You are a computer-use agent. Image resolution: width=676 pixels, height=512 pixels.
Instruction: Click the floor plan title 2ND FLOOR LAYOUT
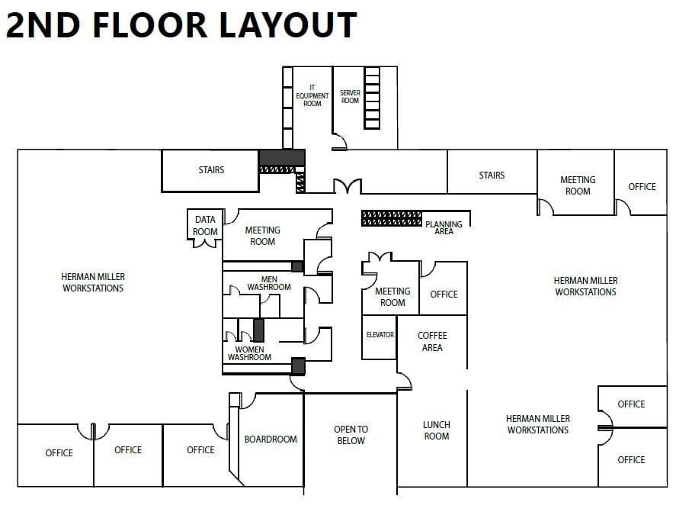181,25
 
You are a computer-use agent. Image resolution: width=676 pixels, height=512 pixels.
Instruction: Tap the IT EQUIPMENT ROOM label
312,95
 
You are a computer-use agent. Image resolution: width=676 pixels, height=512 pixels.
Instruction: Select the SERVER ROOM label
350,97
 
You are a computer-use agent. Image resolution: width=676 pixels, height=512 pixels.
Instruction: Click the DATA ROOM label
205,226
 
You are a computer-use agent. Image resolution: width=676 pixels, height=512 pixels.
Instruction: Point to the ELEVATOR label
380,335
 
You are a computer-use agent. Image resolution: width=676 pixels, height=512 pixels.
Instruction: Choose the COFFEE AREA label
432,342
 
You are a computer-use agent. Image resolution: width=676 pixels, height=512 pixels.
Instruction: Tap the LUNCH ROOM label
437,430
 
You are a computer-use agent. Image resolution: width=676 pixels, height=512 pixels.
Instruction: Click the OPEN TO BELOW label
351,435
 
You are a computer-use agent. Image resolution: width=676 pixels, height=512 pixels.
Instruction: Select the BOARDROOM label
271,440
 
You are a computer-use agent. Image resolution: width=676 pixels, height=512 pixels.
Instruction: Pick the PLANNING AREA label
444,227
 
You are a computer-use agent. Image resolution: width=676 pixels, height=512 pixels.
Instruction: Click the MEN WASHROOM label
269,283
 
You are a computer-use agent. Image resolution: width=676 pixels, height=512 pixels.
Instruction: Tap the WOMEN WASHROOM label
249,353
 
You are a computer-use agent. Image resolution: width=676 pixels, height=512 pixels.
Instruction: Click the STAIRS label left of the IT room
211,170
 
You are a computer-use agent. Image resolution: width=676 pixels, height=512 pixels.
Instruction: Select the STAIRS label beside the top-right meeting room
492,175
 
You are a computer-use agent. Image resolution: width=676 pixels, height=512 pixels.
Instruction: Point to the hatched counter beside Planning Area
391,218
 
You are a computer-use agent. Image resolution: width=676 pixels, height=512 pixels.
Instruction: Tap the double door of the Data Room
205,243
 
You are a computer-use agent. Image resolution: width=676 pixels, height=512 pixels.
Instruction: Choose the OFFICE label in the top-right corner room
642,186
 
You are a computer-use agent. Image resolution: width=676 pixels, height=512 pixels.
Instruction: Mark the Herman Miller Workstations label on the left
93,282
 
